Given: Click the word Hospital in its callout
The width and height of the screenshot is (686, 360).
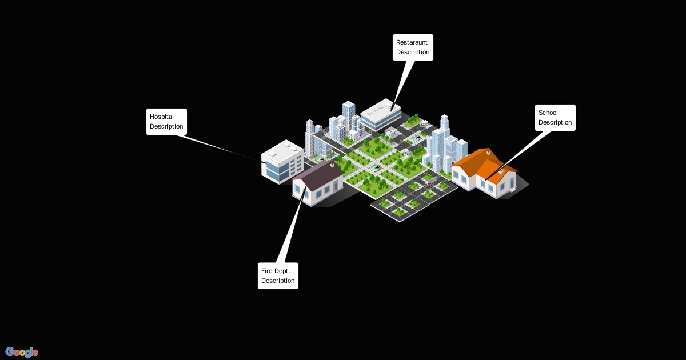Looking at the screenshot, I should coord(162,117).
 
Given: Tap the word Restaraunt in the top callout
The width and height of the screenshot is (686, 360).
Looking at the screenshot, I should coord(412,42).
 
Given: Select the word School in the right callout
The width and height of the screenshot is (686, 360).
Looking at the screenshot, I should coord(548,113).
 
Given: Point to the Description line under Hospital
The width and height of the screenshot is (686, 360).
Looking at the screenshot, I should coord(166,126).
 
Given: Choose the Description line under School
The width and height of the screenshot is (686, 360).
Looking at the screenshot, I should coord(555,122).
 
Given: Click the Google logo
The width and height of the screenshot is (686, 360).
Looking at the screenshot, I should coord(22,352).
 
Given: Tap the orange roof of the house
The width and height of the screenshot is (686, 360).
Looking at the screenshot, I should coord(477,162).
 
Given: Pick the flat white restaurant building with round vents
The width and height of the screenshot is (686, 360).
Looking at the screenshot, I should coord(380,113).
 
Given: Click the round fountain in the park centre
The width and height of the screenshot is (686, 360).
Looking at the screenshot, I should coord(376,167).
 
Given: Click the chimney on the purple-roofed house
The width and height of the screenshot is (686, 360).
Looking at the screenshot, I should coord(332,165).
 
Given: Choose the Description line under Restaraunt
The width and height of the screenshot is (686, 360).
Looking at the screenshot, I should coord(413,52).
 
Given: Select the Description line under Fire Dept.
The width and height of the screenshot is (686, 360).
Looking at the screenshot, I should coord(278,281).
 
